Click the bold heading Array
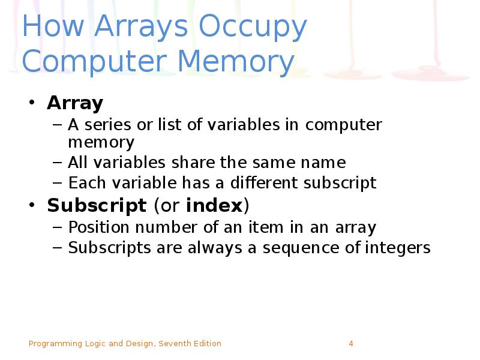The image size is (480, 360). [75, 103]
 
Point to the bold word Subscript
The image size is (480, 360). [97, 206]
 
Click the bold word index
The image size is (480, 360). [214, 206]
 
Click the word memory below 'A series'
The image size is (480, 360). [101, 143]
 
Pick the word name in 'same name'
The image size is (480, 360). [325, 163]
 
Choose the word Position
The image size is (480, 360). [96, 228]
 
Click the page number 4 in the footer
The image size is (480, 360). [351, 344]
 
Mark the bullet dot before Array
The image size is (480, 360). [33, 104]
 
